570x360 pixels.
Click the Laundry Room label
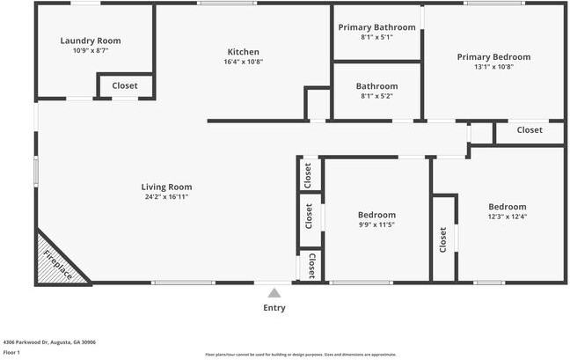pyautogui.click(x=91, y=40)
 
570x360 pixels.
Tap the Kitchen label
pyautogui.click(x=244, y=50)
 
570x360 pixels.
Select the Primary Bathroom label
pyautogui.click(x=376, y=27)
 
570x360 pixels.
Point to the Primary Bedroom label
pyautogui.click(x=493, y=57)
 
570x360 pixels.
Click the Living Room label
pyautogui.click(x=166, y=187)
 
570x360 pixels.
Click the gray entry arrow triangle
pyautogui.click(x=274, y=293)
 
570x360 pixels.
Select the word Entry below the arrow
pyautogui.click(x=274, y=308)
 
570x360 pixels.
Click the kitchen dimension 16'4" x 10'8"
pyautogui.click(x=244, y=62)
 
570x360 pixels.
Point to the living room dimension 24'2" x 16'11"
pyautogui.click(x=166, y=197)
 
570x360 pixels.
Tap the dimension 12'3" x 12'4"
pyautogui.click(x=507, y=217)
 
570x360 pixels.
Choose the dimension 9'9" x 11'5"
pyautogui.click(x=376, y=225)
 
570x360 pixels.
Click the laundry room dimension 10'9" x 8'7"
pyautogui.click(x=91, y=51)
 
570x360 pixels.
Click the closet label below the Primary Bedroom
pyautogui.click(x=530, y=130)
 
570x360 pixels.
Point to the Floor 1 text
pyautogui.click(x=11, y=352)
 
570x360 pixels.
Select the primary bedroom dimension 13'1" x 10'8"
pyautogui.click(x=493, y=68)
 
